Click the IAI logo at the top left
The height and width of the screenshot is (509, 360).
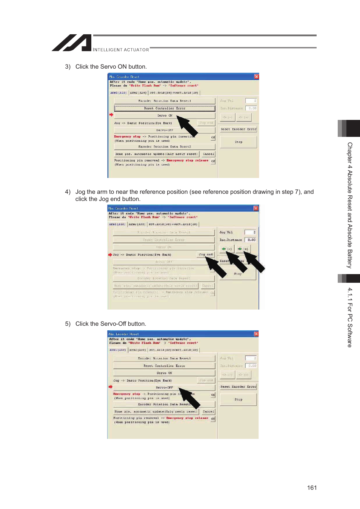tap(72, 43)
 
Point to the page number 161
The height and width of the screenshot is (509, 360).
tap(312, 488)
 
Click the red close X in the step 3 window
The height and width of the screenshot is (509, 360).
tap(256, 77)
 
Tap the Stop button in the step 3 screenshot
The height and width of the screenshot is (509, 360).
tap(238, 142)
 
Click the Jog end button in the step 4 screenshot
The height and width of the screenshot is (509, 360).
tap(206, 255)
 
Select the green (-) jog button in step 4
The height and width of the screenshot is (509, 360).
tap(227, 249)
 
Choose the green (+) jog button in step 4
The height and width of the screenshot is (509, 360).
tap(243, 249)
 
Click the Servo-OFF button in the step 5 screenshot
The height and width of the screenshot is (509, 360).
tap(164, 387)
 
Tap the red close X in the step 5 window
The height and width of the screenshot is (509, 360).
tap(256, 334)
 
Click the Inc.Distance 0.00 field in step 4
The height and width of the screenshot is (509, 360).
tap(250, 240)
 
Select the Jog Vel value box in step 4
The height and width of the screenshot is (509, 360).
tap(250, 232)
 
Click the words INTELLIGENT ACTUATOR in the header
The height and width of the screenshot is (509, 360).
tap(121, 50)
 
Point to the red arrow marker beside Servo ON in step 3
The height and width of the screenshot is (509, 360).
tap(111, 115)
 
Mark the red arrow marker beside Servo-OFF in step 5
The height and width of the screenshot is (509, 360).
tap(111, 387)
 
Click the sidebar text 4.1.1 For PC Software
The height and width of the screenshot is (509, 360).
tap(350, 317)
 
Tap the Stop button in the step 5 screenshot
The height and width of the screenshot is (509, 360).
tap(238, 399)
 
